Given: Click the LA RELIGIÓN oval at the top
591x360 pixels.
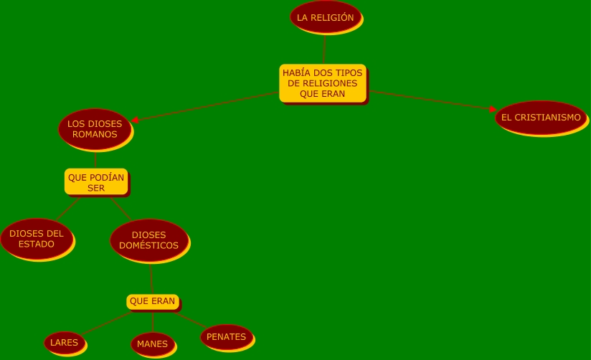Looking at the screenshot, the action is (x=325, y=17).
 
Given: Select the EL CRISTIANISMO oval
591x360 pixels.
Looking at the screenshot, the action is (x=540, y=117).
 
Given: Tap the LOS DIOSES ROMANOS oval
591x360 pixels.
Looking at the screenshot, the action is (x=95, y=128).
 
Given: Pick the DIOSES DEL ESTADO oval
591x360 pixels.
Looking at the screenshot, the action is (x=36, y=238).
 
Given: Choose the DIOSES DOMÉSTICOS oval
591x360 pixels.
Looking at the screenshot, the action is (x=148, y=240).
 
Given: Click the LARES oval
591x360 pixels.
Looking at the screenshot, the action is (x=64, y=342).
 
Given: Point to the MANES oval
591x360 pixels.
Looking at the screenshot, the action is (x=152, y=344).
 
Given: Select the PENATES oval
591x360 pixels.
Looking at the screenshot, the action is (x=226, y=336).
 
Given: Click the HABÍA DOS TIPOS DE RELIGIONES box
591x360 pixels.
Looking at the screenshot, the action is (x=323, y=83).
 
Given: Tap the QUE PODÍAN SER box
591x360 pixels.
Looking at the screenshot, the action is (x=96, y=182).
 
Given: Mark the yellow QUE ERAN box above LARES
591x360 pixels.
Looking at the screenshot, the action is (x=152, y=301).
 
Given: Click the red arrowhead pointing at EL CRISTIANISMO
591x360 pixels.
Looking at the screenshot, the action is (x=493, y=110).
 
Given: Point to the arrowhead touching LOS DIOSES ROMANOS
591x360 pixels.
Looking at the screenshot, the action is (x=135, y=120).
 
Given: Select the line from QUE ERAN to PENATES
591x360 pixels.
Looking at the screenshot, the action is (x=191, y=319).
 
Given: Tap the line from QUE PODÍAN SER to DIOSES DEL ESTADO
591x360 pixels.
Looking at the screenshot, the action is (x=67, y=207).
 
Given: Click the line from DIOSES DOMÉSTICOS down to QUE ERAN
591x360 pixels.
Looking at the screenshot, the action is (x=151, y=278).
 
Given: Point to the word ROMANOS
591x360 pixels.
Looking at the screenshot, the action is (x=95, y=134).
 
